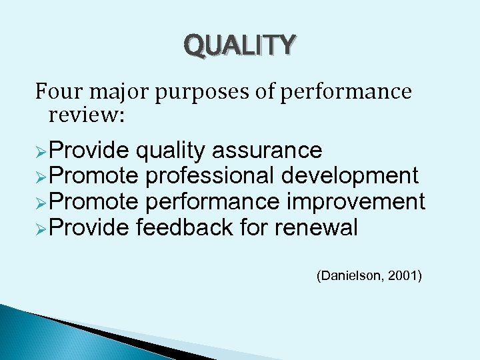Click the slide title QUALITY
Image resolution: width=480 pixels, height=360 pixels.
click(239, 45)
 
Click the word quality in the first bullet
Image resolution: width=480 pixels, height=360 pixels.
click(170, 151)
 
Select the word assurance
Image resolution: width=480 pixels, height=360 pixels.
click(267, 151)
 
